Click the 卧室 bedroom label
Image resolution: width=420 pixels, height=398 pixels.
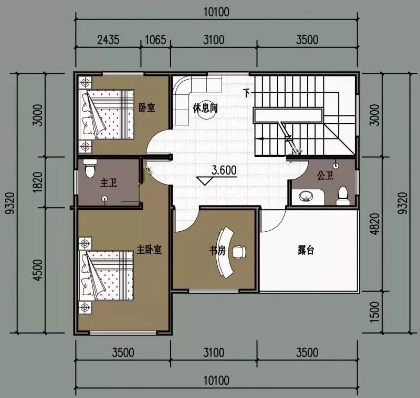click(147, 107)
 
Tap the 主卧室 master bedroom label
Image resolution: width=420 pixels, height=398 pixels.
click(149, 250)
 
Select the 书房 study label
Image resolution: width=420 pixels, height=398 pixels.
click(217, 251)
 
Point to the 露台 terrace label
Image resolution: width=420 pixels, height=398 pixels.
click(306, 250)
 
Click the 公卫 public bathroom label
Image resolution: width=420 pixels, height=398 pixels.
click(325, 176)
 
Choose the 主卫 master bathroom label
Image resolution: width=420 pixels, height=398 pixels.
click(109, 183)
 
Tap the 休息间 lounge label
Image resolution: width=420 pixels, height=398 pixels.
click(205, 108)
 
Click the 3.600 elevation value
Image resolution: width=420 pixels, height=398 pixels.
click(224, 170)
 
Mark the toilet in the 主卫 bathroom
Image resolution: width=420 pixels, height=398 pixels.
click(90, 168)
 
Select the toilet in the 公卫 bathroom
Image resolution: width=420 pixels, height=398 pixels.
click(343, 196)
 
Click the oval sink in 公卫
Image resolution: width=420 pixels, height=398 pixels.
click(306, 196)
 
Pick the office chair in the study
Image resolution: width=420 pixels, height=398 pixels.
click(239, 252)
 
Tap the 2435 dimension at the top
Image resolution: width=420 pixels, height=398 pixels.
click(108, 40)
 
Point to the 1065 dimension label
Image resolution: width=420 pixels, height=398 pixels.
click(155, 40)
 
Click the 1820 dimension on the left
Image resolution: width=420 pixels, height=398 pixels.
click(38, 182)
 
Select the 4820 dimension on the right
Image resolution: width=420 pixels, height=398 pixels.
click(375, 224)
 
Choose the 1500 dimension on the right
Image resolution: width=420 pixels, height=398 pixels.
click(375, 312)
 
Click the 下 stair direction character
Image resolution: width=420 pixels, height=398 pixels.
click(246, 93)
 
